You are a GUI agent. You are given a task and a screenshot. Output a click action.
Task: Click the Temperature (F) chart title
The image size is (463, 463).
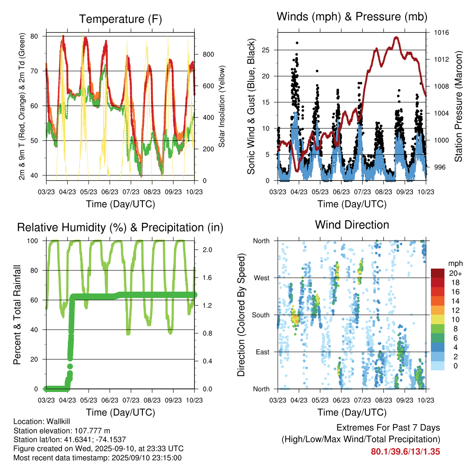coord(120,19)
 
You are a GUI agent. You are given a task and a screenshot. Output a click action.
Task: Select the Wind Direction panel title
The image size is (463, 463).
coord(352,225)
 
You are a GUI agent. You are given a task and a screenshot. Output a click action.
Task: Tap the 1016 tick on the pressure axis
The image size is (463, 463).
coord(440,33)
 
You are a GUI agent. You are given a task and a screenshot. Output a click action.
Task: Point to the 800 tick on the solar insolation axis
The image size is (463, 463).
coord(208,54)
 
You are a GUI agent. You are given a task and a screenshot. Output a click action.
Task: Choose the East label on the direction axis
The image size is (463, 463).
coord(262,352)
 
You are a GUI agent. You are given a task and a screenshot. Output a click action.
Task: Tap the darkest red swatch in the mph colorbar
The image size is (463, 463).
coord(438,273)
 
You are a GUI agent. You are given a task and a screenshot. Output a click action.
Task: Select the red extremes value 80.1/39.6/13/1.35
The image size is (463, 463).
coord(405,451)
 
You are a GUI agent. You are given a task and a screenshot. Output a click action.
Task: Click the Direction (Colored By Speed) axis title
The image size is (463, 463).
coord(241,315)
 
